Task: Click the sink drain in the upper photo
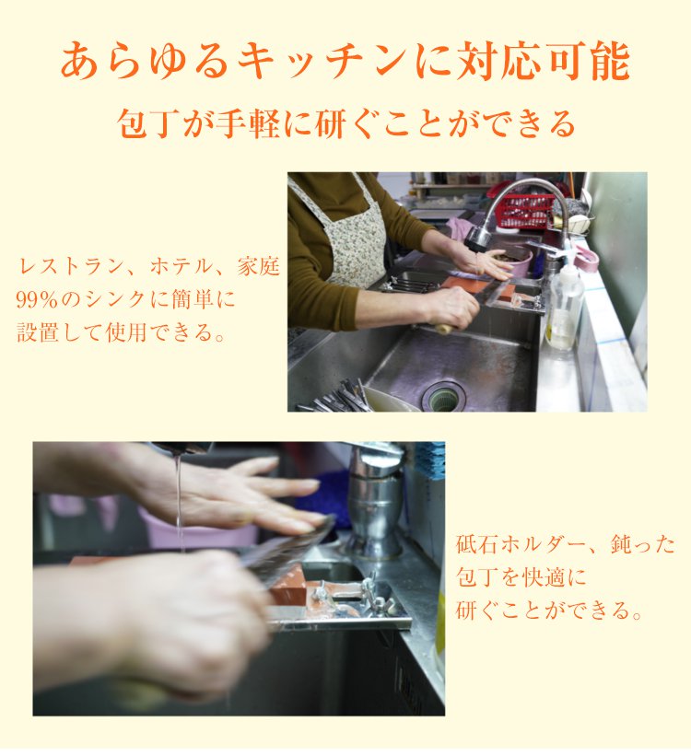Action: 443,396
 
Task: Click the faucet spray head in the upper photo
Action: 479,238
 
